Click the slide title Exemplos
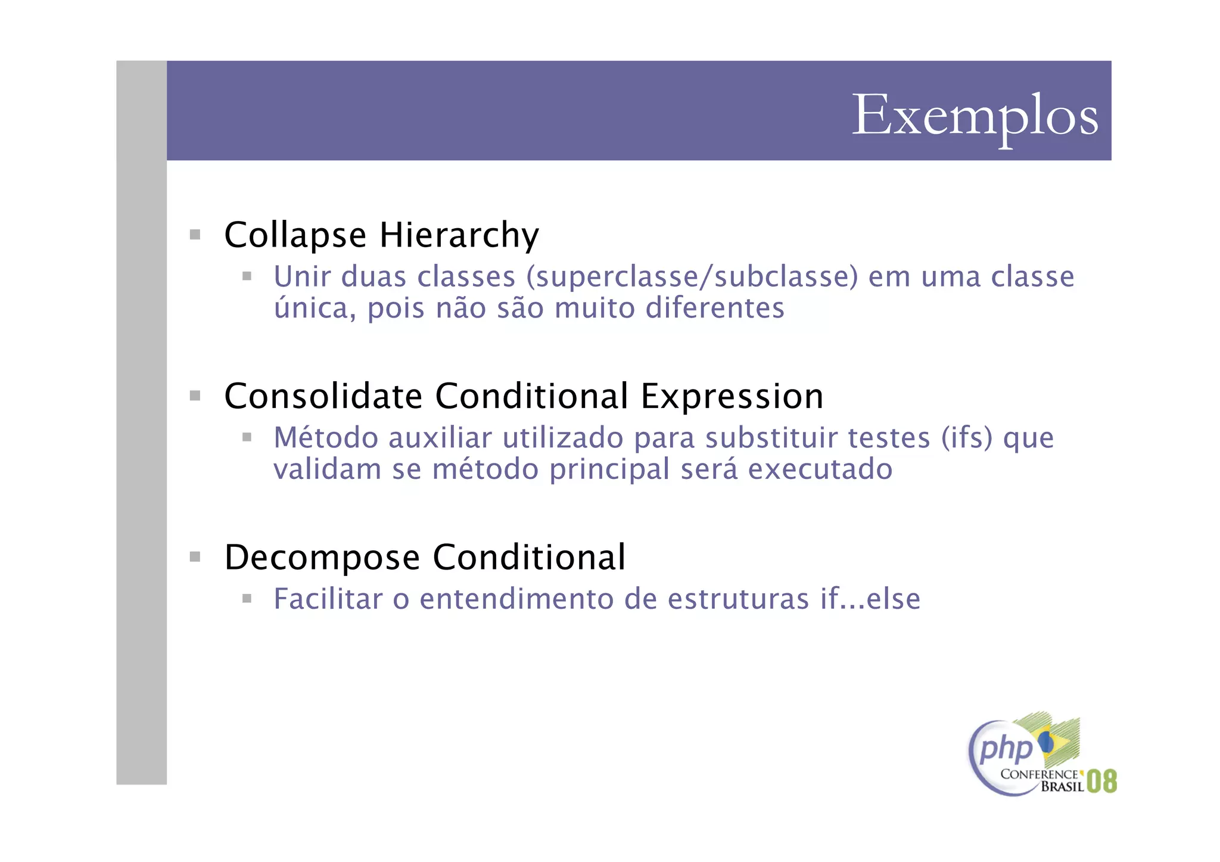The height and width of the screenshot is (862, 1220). click(x=975, y=116)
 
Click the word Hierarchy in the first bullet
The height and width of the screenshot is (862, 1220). click(x=459, y=235)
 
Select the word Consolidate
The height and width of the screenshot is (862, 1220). click(x=323, y=396)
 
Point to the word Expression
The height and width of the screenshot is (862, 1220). click(x=732, y=396)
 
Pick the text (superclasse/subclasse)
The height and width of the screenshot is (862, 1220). click(x=692, y=277)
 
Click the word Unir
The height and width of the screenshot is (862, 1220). click(x=302, y=277)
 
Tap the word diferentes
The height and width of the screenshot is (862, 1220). click(x=715, y=309)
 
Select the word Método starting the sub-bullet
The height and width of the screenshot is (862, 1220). click(x=326, y=438)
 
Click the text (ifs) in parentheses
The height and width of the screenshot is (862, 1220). click(x=967, y=438)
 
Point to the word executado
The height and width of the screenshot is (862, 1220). click(x=820, y=469)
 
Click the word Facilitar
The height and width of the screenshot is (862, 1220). click(x=328, y=599)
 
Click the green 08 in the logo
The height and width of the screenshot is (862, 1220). click(x=1101, y=781)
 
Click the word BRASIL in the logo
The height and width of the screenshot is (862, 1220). click(x=1062, y=786)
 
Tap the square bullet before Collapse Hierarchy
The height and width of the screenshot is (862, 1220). click(x=195, y=235)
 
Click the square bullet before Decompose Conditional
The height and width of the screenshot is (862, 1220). click(x=195, y=557)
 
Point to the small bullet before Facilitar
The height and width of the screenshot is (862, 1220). click(x=247, y=598)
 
